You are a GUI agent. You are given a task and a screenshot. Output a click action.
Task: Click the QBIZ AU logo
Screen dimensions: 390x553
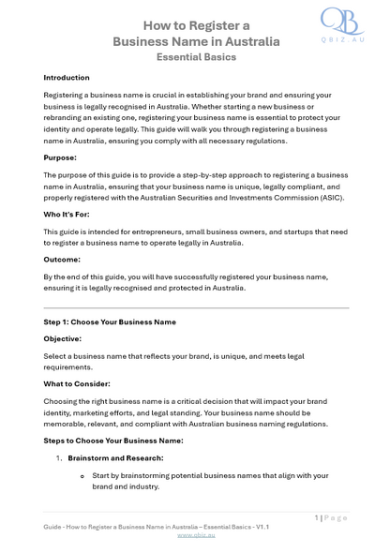(x=342, y=26)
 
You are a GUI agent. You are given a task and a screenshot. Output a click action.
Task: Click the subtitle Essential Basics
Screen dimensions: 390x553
(x=195, y=57)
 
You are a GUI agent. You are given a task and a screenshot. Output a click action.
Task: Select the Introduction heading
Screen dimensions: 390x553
(x=67, y=78)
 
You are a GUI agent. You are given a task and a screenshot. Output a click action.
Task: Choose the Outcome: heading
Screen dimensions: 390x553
(x=63, y=259)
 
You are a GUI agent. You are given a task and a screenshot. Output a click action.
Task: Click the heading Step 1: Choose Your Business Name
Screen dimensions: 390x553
(x=110, y=321)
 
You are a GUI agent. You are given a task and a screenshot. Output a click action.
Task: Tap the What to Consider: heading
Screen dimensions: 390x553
(x=77, y=383)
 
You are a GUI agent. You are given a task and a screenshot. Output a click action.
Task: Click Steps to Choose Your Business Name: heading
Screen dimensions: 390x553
(x=113, y=441)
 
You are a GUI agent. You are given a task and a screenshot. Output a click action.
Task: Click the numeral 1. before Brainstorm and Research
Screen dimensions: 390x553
(x=58, y=457)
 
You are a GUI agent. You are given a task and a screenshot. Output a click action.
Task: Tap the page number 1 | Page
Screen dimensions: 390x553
(x=330, y=517)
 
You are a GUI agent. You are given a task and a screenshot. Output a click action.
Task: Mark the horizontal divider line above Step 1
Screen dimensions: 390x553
(x=195, y=307)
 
